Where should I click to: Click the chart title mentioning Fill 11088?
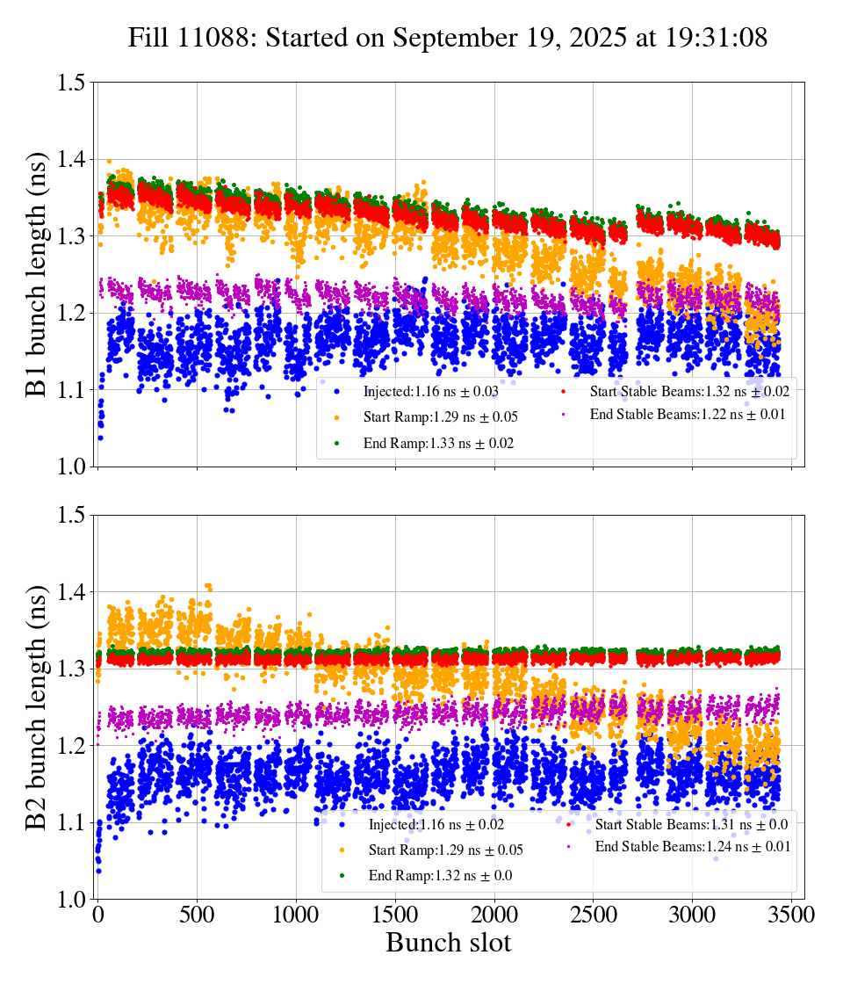pos(448,38)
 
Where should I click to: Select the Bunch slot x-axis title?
pos(448,943)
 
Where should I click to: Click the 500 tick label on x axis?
pos(197,915)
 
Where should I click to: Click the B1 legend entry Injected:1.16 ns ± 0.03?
pos(430,390)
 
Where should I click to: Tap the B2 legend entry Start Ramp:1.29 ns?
pos(436,850)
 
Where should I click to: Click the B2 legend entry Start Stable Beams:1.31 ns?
pos(688,824)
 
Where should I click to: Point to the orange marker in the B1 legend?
pos(336,416)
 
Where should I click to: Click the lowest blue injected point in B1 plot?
pos(100,438)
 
